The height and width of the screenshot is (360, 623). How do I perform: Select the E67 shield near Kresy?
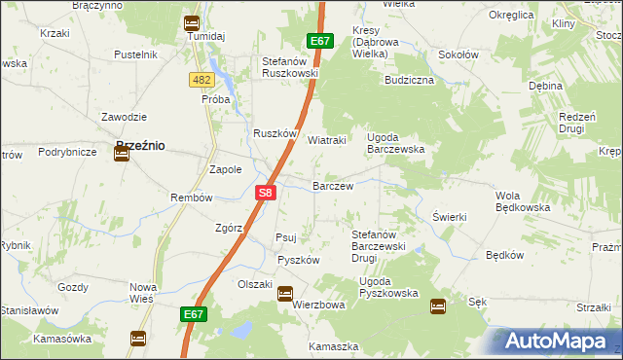pyautogui.click(x=321, y=41)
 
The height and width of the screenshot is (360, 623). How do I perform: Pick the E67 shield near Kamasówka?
pyautogui.click(x=192, y=314)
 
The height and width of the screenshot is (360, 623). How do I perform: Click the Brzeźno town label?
pyautogui.click(x=139, y=145)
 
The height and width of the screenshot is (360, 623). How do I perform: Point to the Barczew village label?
pyautogui.click(x=332, y=185)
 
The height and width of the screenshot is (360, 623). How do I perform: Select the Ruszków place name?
pyautogui.click(x=274, y=134)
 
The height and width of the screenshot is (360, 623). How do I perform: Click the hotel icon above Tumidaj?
pyautogui.click(x=192, y=23)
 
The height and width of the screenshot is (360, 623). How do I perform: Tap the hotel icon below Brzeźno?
pyautogui.click(x=122, y=153)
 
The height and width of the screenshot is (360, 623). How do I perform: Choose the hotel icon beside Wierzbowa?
pyautogui.click(x=285, y=293)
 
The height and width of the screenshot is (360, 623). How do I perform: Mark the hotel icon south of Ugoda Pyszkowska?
pyautogui.click(x=438, y=306)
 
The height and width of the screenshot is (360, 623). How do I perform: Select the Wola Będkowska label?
pyautogui.click(x=523, y=200)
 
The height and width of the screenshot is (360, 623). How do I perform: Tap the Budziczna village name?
pyautogui.click(x=409, y=80)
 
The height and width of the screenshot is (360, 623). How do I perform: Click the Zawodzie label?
pyautogui.click(x=124, y=117)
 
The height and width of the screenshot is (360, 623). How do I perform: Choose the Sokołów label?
pyautogui.click(x=458, y=55)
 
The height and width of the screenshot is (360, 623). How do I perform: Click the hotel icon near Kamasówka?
pyautogui.click(x=138, y=339)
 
